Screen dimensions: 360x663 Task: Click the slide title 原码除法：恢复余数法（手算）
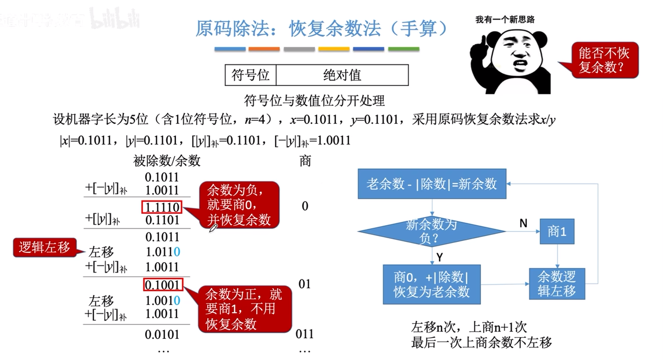[321, 29]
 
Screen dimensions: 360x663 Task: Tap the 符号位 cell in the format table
[250, 75]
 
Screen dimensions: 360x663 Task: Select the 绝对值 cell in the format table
[342, 75]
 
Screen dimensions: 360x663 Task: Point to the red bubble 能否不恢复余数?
[604, 60]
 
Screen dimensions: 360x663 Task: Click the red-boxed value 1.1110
[162, 207]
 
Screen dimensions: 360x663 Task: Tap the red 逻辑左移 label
[45, 247]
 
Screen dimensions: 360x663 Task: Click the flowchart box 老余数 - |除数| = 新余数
[432, 184]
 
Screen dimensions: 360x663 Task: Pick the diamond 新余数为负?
[432, 231]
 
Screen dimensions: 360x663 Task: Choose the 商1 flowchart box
[557, 231]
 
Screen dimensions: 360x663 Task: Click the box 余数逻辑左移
[557, 284]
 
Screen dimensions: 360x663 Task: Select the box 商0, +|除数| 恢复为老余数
[431, 284]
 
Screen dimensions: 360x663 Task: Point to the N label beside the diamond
[523, 223]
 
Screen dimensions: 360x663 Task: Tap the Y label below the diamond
[440, 257]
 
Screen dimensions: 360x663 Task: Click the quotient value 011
[304, 334]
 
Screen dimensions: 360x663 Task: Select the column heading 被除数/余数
[167, 161]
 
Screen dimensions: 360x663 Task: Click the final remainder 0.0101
[162, 335]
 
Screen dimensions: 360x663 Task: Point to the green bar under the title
[403, 49]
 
